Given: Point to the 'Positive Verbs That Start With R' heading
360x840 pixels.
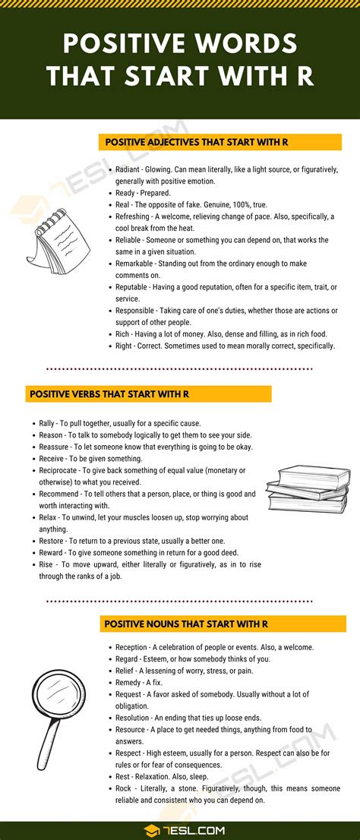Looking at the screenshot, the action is pyautogui.click(x=109, y=394).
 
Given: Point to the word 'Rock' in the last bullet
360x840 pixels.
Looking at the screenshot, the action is pyautogui.click(x=124, y=788).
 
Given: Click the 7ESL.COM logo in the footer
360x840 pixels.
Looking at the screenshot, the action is pyautogui.click(x=180, y=829).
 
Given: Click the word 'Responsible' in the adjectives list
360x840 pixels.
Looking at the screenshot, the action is pyautogui.click(x=138, y=310).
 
